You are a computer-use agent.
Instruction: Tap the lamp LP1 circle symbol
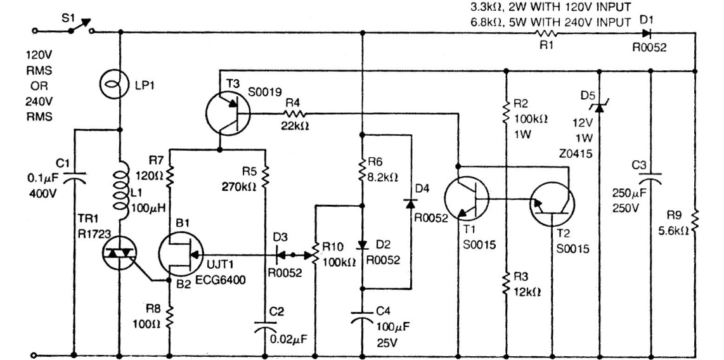coord(120,83)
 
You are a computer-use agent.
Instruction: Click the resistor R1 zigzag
coord(546,34)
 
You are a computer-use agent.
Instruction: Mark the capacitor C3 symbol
coord(652,181)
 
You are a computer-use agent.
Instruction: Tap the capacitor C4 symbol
coord(362,315)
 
